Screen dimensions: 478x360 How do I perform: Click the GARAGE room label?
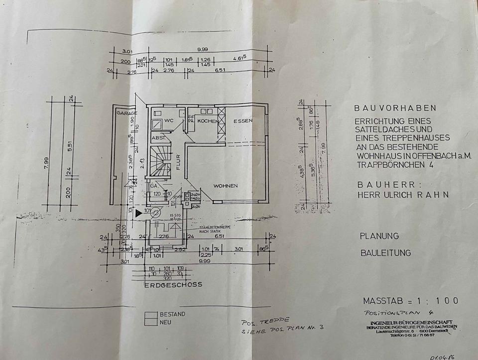(126, 113)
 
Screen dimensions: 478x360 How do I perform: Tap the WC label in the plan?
(169, 120)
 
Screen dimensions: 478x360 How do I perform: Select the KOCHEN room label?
(206, 121)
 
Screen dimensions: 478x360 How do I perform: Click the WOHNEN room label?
(226, 186)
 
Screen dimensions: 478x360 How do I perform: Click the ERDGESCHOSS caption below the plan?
(173, 285)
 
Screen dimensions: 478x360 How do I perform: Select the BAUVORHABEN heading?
(395, 108)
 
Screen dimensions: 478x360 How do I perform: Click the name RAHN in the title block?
(435, 195)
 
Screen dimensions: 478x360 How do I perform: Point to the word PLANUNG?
(380, 236)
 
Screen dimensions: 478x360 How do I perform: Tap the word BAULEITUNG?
(386, 252)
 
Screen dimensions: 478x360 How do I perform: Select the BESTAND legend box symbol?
(150, 315)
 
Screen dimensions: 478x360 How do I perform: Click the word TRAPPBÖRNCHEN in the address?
(386, 164)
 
